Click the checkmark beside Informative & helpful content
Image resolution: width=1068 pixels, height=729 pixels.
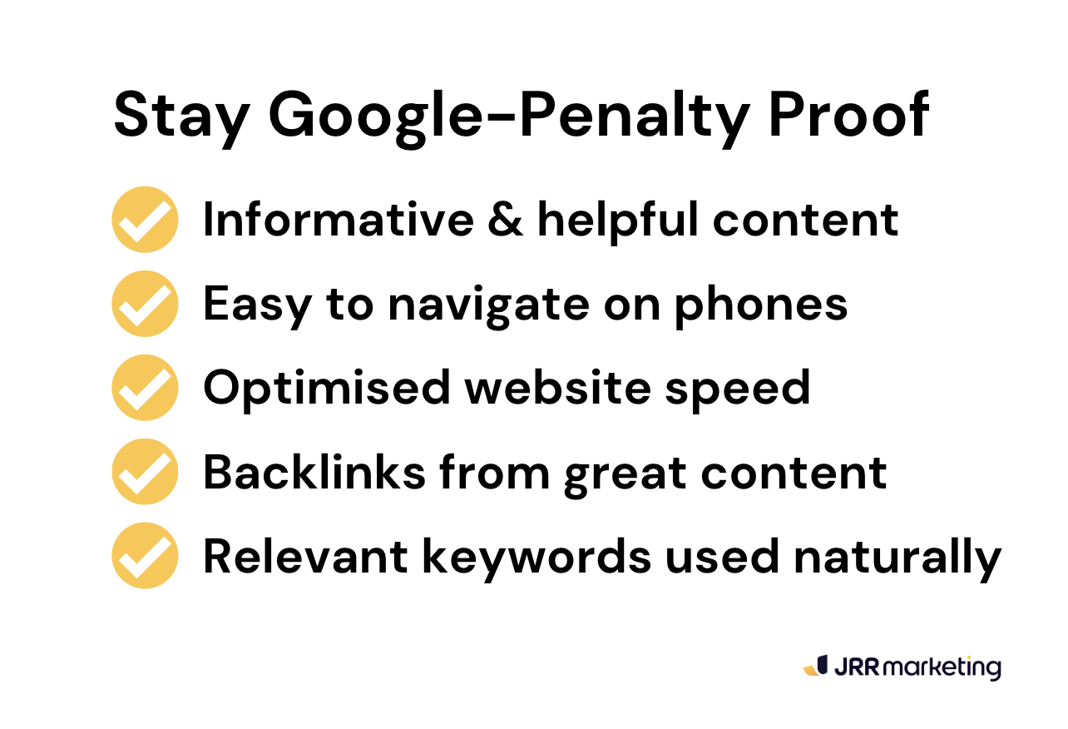(145, 220)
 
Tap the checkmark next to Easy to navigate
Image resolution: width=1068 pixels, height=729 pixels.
(145, 304)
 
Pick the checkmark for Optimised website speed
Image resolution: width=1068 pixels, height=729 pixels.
(145, 388)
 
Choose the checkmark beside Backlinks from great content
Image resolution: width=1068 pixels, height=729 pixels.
(145, 472)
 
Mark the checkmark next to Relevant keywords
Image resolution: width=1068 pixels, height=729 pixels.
(145, 556)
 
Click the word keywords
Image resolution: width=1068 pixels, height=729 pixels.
(537, 556)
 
